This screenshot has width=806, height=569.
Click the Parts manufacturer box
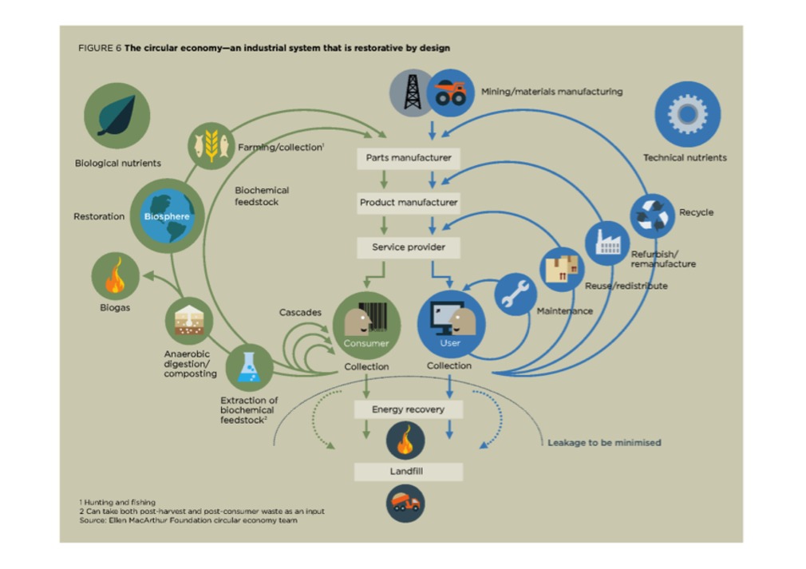click(408, 157)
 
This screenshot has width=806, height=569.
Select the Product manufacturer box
click(408, 202)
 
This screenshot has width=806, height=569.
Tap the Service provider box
click(408, 247)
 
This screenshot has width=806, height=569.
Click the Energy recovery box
click(408, 409)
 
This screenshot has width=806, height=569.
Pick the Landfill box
click(408, 472)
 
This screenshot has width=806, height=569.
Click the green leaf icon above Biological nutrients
click(117, 116)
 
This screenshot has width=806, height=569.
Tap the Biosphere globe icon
click(167, 215)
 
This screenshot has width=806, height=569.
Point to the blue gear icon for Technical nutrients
click(687, 114)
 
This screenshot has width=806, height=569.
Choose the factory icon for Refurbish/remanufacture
click(607, 243)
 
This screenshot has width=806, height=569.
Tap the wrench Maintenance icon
click(516, 294)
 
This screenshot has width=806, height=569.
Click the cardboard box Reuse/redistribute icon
click(563, 270)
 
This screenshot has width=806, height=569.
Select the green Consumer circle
click(366, 325)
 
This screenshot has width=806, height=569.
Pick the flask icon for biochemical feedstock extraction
click(249, 367)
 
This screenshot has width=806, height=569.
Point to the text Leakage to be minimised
click(604, 442)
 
